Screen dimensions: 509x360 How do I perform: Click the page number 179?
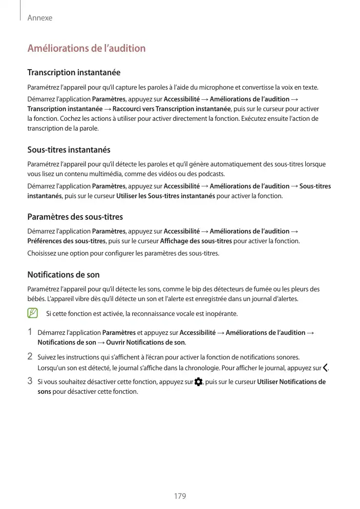click(x=180, y=496)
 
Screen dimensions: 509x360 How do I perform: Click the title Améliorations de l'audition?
click(x=86, y=49)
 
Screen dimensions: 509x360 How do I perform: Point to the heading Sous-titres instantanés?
click(x=69, y=150)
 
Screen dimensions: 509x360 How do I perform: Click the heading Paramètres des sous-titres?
click(x=75, y=217)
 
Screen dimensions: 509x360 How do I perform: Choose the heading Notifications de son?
click(x=63, y=275)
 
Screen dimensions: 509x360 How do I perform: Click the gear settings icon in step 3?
click(x=199, y=382)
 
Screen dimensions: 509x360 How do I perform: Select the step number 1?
click(x=30, y=333)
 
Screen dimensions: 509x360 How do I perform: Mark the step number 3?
click(x=30, y=381)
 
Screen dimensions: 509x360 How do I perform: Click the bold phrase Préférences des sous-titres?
click(x=66, y=241)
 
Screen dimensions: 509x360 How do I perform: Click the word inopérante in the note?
click(x=222, y=313)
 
